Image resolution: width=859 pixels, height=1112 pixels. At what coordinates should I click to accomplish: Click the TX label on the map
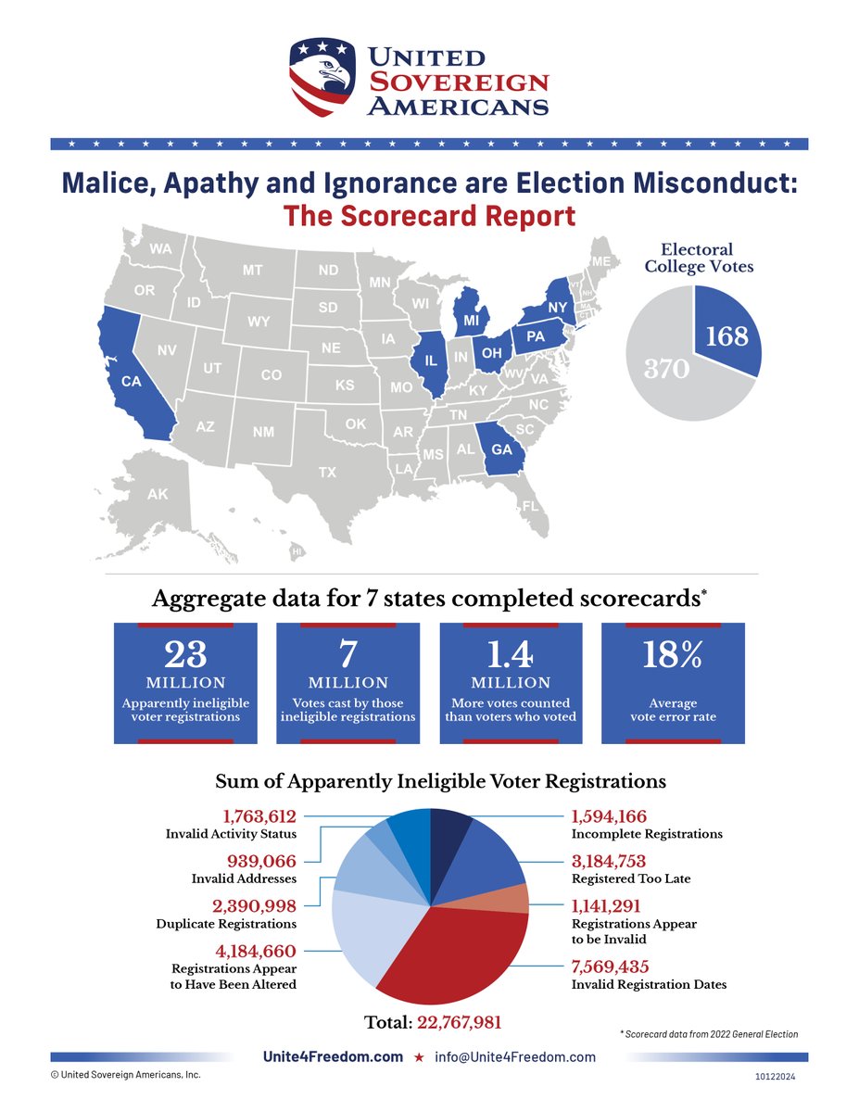point(327,472)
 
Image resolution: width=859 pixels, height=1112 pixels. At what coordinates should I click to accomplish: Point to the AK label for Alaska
point(158,495)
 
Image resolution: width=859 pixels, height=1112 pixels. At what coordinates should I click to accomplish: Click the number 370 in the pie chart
point(666,369)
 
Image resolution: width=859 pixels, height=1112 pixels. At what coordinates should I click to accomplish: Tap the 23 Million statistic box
point(185,683)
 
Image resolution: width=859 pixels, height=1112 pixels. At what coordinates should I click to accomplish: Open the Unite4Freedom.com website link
point(334,1057)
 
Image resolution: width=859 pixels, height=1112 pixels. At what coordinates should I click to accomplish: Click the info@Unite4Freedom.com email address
point(515,1057)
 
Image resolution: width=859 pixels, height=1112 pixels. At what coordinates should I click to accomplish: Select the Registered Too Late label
point(632,878)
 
